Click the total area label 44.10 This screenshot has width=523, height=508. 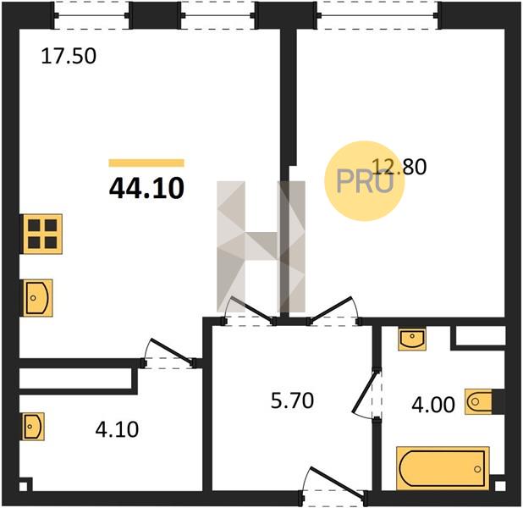click(x=146, y=188)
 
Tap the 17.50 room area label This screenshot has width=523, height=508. click(x=69, y=56)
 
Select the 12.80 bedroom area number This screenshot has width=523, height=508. click(x=399, y=167)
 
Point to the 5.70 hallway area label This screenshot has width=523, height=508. click(x=292, y=400)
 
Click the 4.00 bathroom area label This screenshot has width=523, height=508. click(x=433, y=405)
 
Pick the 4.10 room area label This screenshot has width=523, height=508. click(x=117, y=429)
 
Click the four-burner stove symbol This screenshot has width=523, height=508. click(x=42, y=234)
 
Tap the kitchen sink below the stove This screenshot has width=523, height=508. click(x=37, y=298)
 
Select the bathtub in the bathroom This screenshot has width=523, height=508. click(x=443, y=468)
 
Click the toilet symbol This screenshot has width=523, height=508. click(x=479, y=401)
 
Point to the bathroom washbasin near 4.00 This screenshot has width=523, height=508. click(x=412, y=340)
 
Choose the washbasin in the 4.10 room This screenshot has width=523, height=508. click(x=33, y=427)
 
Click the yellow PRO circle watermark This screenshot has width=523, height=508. click(x=365, y=181)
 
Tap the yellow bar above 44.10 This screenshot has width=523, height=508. click(x=146, y=163)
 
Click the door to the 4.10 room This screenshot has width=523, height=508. click(x=169, y=352)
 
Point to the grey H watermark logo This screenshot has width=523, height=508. click(x=261, y=246)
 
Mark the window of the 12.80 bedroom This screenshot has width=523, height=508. click(x=377, y=15)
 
